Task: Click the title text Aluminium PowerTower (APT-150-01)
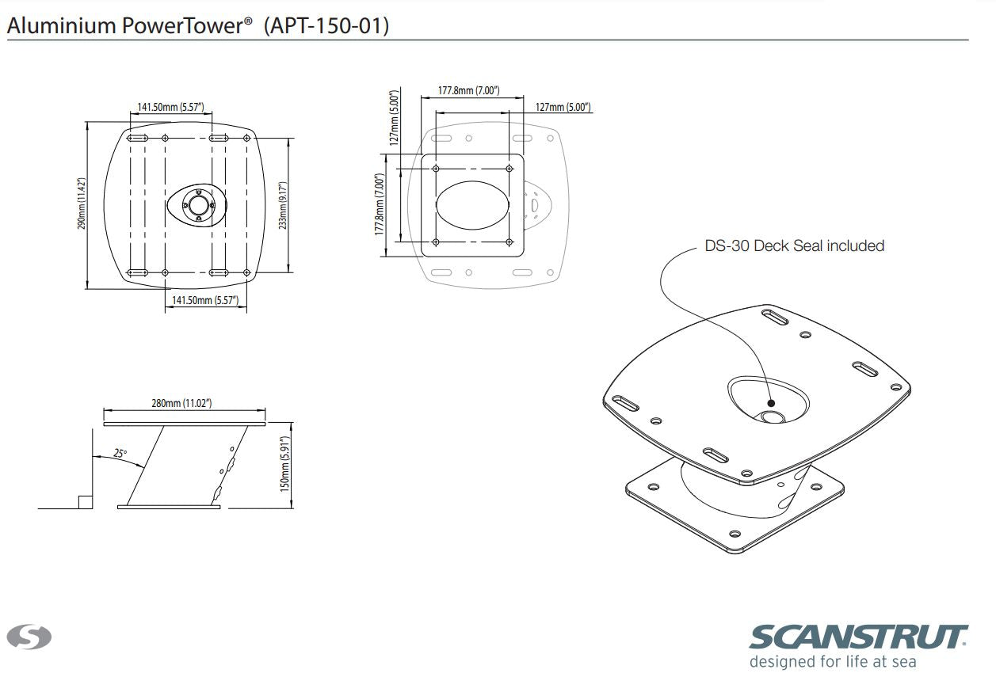tap(198, 25)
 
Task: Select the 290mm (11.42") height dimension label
tap(81, 204)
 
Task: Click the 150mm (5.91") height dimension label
tap(286, 465)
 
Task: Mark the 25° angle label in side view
tap(120, 454)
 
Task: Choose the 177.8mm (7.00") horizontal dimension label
tap(469, 91)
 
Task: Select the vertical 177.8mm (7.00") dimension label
tap(380, 204)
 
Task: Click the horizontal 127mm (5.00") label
tap(563, 107)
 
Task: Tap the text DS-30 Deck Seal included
tap(794, 245)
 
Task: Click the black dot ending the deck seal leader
tap(771, 402)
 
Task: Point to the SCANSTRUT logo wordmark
tap(859, 637)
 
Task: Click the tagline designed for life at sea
tap(833, 661)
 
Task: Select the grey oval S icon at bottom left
tap(29, 636)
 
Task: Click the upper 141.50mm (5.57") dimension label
tap(170, 107)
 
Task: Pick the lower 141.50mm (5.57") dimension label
tap(205, 300)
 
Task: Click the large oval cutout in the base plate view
tap(472, 203)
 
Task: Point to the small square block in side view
tap(85, 501)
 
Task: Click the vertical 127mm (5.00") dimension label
tap(393, 115)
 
